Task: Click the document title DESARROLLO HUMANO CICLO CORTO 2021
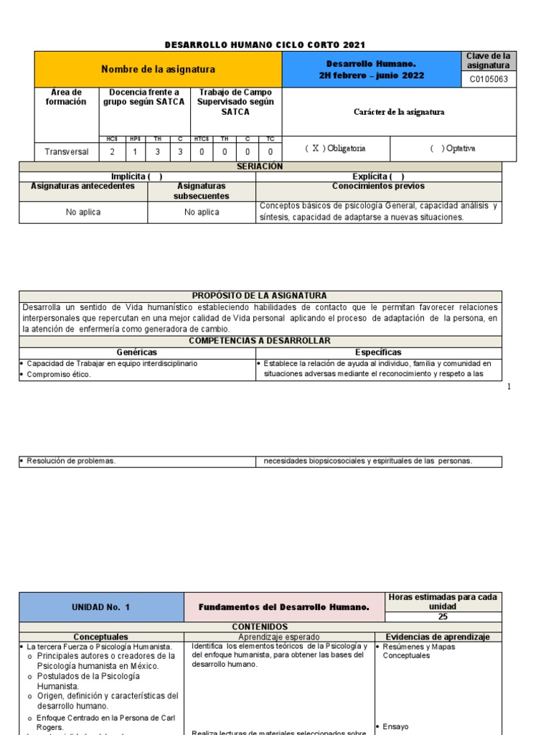coord(260,45)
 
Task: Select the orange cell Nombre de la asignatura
coord(158,70)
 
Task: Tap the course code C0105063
coord(488,80)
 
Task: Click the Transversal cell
coord(67,151)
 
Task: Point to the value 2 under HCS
coord(111,151)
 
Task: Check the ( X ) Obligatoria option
coord(335,149)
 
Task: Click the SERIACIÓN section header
coord(260,167)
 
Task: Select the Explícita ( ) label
coord(378,177)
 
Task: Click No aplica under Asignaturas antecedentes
coord(83,212)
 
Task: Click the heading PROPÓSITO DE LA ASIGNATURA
coord(260,296)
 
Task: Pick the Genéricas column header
coord(136,352)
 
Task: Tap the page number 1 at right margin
coord(509,387)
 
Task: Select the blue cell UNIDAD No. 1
coord(100,607)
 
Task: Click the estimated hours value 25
coord(443,617)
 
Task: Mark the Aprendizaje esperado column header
coord(279,637)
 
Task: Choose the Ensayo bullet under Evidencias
coord(395,726)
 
